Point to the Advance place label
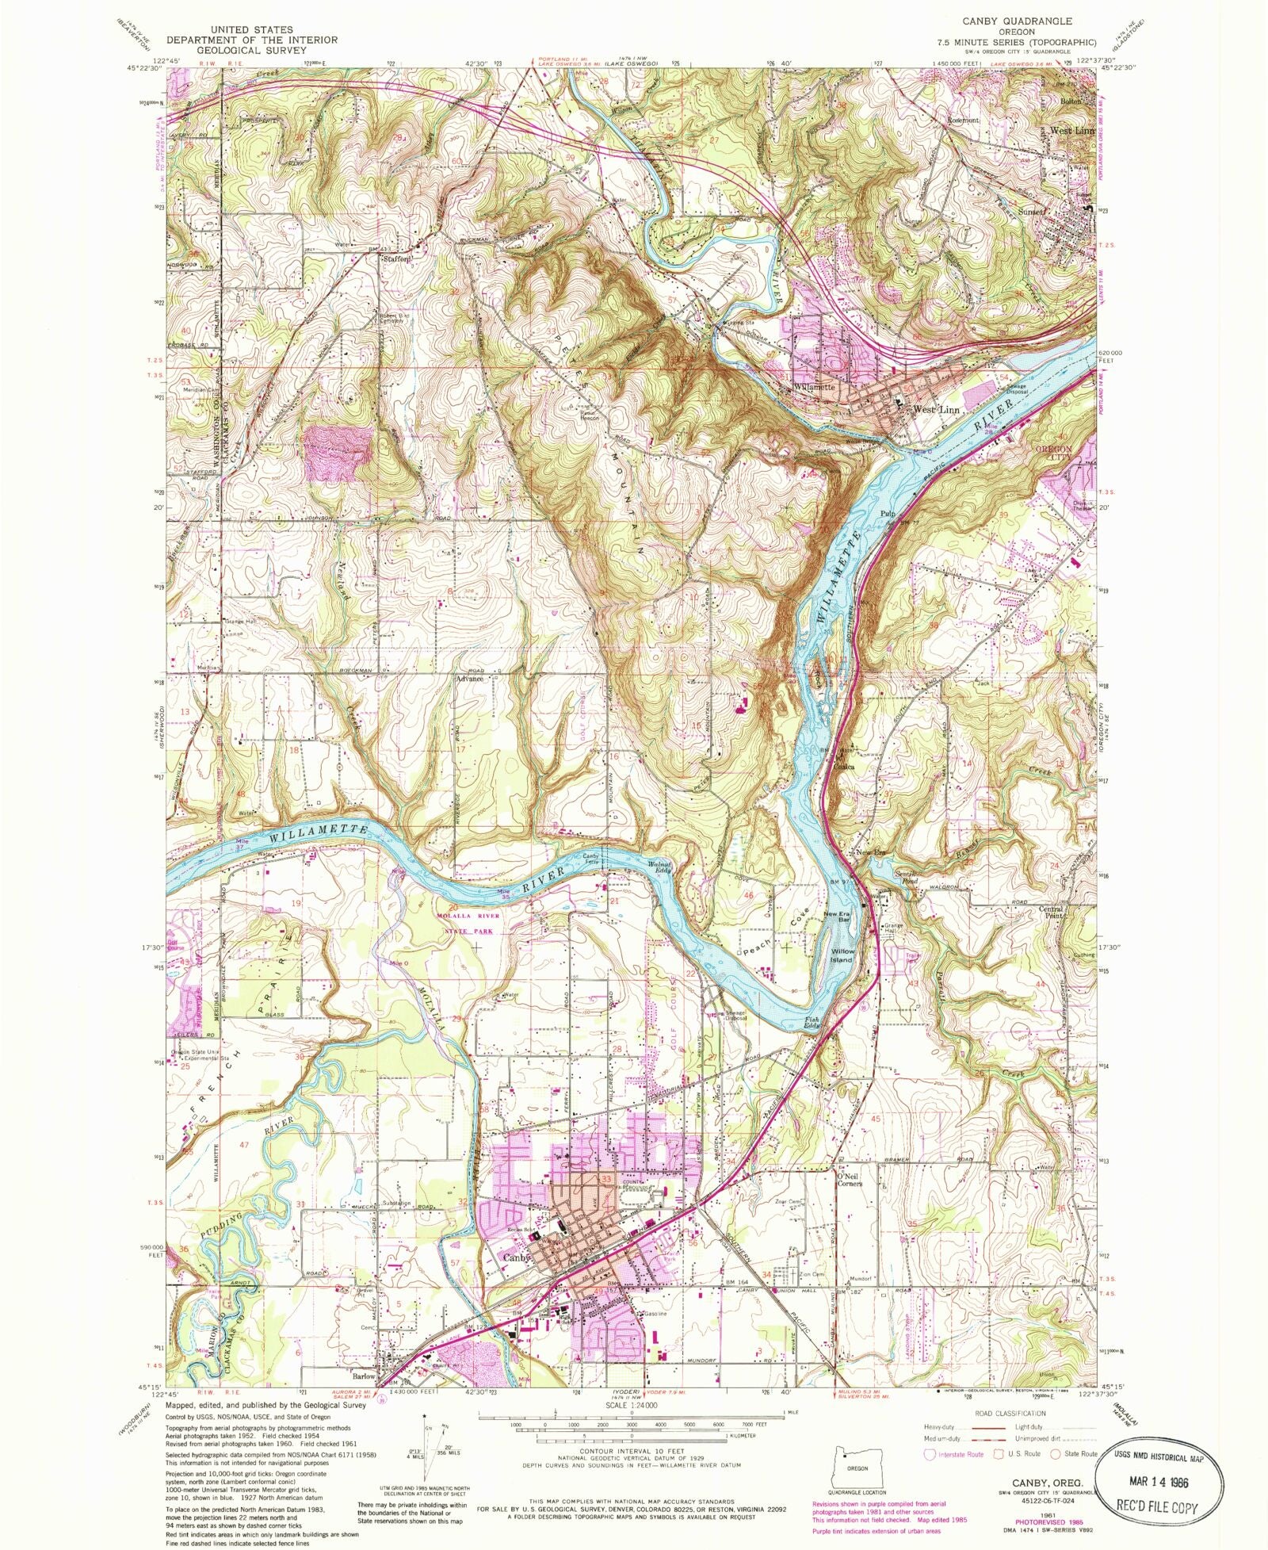(x=469, y=678)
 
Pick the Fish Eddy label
(x=813, y=1021)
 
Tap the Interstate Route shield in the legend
(x=930, y=1453)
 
